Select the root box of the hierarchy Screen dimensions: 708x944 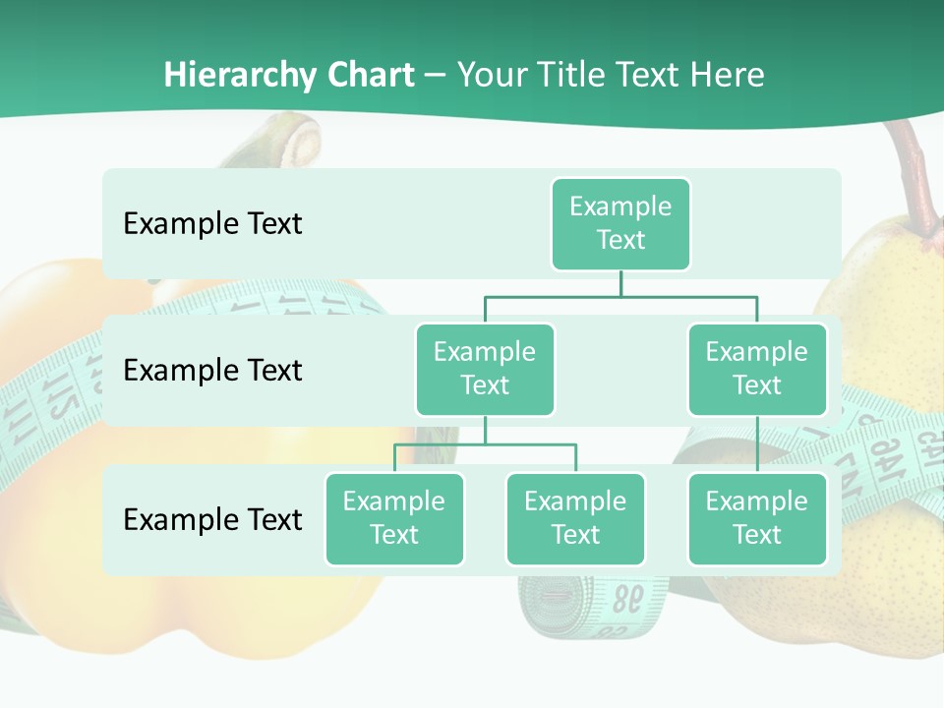click(x=620, y=223)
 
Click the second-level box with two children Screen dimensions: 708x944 click(x=485, y=369)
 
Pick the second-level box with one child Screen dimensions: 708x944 click(x=757, y=369)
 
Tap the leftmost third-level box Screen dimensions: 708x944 click(x=394, y=518)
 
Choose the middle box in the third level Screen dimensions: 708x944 click(x=575, y=518)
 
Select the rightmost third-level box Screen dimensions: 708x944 click(x=757, y=518)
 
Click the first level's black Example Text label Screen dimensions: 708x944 click(x=212, y=223)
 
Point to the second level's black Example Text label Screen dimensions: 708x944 click(x=212, y=370)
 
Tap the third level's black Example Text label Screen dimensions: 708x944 click(x=212, y=519)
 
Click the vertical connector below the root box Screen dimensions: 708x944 click(x=620, y=283)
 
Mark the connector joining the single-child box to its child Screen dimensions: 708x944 click(x=757, y=444)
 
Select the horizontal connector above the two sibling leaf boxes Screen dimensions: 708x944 click(x=485, y=444)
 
